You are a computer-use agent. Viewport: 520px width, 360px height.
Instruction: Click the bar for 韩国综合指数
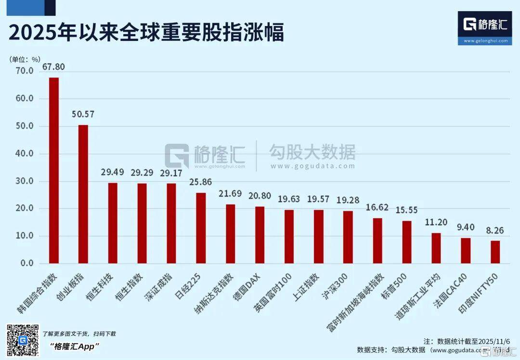pyautogui.click(x=54, y=170)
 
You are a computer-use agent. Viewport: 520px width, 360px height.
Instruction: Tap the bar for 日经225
pyautogui.click(x=201, y=228)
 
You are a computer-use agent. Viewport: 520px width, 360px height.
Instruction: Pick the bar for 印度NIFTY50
pyautogui.click(x=495, y=252)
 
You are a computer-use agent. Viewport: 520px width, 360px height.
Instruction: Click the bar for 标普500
pyautogui.click(x=407, y=242)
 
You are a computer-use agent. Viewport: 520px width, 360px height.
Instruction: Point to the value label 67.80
pyautogui.click(x=54, y=67)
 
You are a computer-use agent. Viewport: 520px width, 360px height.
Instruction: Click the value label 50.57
pyautogui.click(x=83, y=115)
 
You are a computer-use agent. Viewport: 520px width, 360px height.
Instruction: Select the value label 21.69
pyautogui.click(x=231, y=194)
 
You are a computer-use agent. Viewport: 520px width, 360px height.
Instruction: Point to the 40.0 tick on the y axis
pyautogui.click(x=24, y=154)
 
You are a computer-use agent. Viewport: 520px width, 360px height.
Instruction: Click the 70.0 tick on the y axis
pyautogui.click(x=24, y=71)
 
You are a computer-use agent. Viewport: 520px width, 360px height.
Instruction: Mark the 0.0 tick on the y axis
pyautogui.click(x=26, y=264)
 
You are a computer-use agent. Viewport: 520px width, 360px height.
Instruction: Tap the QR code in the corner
pyautogui.click(x=23, y=340)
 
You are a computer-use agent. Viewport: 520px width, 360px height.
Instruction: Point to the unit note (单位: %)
pyautogui.click(x=25, y=59)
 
